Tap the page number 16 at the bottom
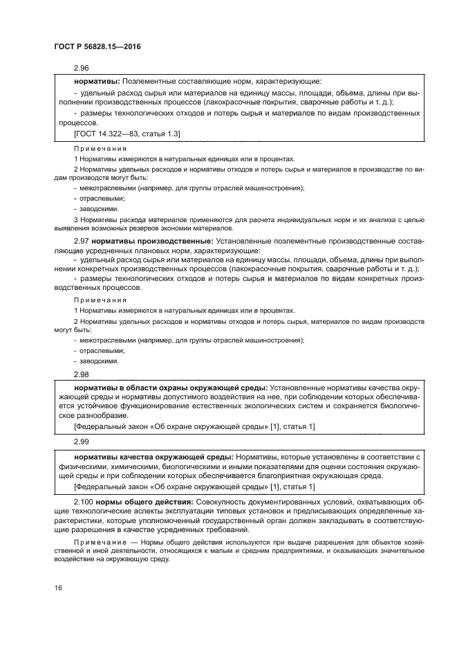point(59,587)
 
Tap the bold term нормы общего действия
point(144,500)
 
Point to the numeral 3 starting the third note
point(75,220)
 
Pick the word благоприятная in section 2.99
point(299,477)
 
